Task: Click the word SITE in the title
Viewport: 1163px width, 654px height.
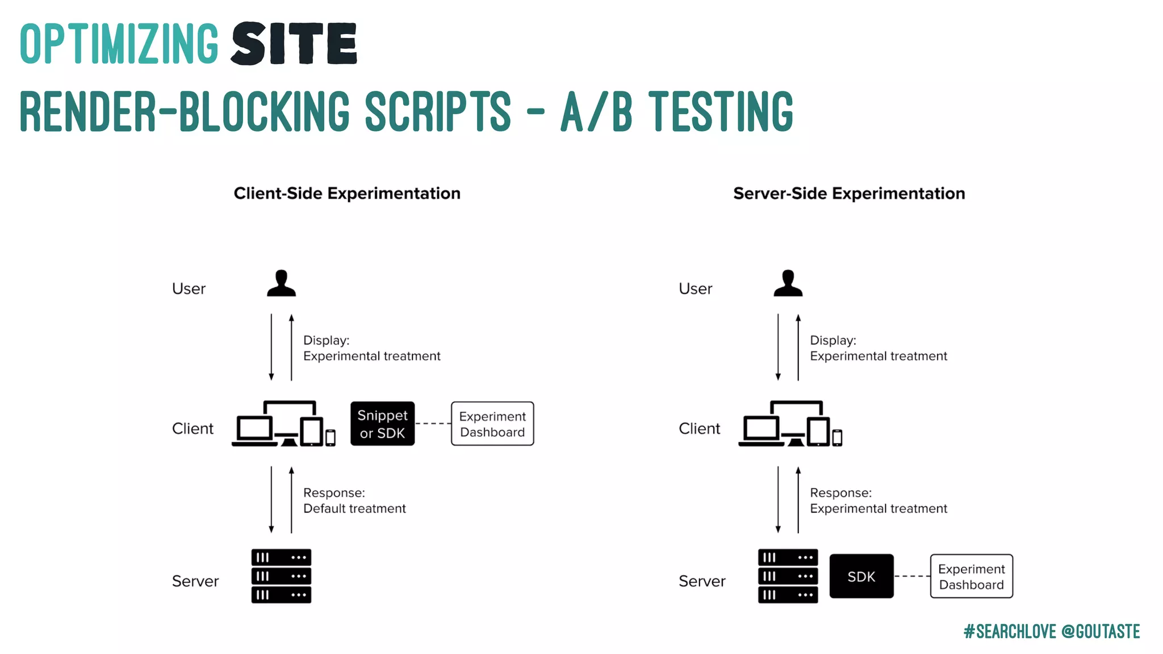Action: click(x=294, y=43)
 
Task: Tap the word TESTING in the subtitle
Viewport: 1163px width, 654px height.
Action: click(x=721, y=111)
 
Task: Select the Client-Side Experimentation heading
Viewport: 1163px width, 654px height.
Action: click(x=347, y=194)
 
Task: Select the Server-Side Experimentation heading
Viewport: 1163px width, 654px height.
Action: click(x=849, y=194)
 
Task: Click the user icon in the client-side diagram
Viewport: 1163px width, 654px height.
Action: click(x=281, y=283)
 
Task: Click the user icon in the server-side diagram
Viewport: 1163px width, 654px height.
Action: click(x=788, y=283)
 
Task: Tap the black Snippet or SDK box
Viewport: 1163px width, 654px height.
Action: click(x=382, y=424)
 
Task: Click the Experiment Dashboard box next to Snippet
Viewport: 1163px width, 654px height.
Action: click(x=492, y=424)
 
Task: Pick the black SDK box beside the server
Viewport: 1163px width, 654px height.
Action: click(x=861, y=576)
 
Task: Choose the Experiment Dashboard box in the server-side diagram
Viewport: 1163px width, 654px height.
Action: click(x=971, y=576)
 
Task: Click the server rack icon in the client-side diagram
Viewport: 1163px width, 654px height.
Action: click(x=281, y=576)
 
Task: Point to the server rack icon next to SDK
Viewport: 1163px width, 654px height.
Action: click(x=788, y=576)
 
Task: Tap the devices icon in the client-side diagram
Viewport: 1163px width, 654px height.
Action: click(x=283, y=425)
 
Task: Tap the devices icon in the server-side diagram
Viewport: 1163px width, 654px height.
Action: click(x=790, y=425)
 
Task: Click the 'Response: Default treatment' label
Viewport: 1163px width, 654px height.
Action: click(x=354, y=501)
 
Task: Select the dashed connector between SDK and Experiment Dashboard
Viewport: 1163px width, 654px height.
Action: click(x=912, y=576)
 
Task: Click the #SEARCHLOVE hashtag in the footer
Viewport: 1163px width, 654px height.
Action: click(x=1010, y=631)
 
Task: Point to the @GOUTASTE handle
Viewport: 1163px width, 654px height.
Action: click(x=1101, y=631)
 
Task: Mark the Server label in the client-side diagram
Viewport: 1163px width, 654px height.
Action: click(x=195, y=581)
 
